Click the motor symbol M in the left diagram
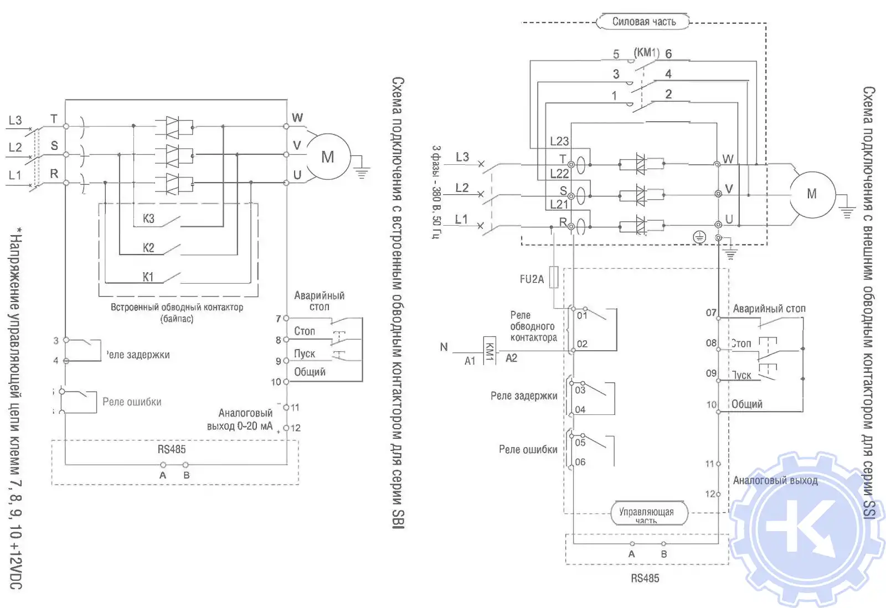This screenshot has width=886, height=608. coord(328,157)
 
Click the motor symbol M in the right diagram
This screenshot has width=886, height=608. coord(812,194)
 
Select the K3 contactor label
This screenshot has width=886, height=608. coord(148,219)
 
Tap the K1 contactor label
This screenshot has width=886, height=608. coord(148,277)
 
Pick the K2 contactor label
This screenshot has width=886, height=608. coord(148,248)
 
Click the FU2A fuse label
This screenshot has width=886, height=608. coord(532,279)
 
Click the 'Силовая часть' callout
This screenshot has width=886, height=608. coord(643,22)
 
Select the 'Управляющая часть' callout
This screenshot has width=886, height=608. coord(646,513)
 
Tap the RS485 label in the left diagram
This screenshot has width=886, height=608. coord(172,449)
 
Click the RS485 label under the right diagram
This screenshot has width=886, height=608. coord(645,578)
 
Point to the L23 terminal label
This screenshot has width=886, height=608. coord(559,141)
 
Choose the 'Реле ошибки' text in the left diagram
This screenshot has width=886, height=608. coord(132,402)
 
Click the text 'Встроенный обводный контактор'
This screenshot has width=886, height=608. coord(177,308)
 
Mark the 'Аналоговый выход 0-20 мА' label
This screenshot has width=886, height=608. coord(240,419)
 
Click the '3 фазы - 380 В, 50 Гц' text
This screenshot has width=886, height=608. coord(437,192)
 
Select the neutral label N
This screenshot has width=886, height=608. coord(444,347)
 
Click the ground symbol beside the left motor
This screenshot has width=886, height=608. coord(362,172)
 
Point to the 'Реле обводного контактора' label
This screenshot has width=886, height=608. coord(533,326)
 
